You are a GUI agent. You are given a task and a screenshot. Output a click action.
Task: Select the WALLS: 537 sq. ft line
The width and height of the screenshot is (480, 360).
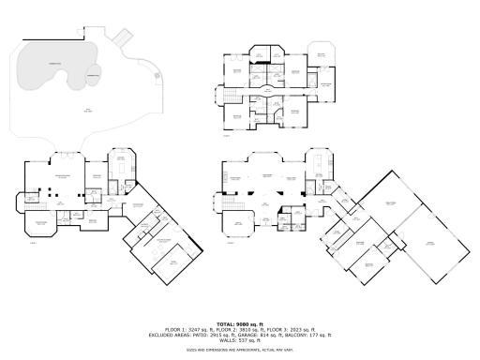pyautogui.click(x=239, y=338)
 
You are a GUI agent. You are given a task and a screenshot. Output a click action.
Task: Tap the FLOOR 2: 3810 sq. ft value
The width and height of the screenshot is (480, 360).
pyautogui.click(x=239, y=329)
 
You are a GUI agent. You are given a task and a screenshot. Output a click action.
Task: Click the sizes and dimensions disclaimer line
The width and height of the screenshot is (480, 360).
pyautogui.click(x=239, y=349)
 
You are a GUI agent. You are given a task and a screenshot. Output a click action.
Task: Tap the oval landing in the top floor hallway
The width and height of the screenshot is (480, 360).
pyautogui.click(x=272, y=91)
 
